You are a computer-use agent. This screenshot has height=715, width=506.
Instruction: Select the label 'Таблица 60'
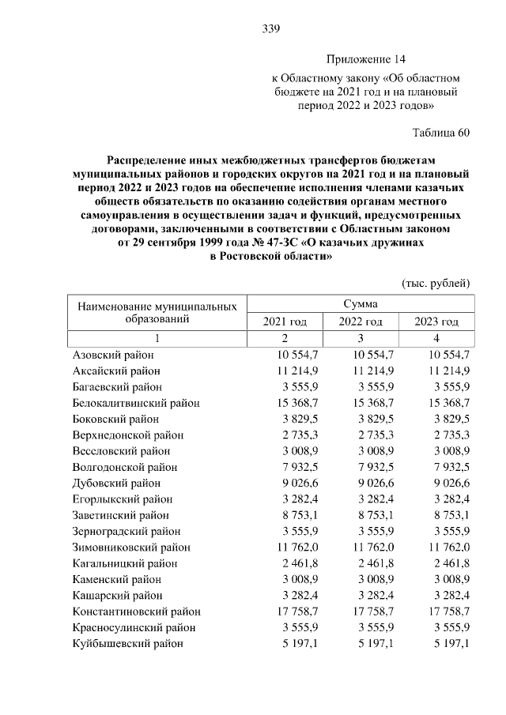tap(441, 132)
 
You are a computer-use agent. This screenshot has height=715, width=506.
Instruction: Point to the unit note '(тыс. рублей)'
tap(436, 283)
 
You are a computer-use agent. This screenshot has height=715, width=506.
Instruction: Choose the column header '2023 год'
tap(436, 322)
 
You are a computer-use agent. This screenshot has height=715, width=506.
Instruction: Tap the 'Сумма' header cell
tap(360, 303)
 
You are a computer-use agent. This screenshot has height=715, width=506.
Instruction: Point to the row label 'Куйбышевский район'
tap(128, 643)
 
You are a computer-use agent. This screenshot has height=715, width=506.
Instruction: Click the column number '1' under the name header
tap(157, 338)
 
